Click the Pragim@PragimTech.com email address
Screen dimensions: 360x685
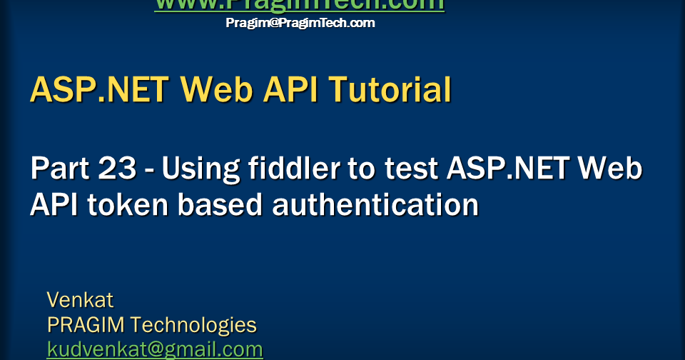click(x=300, y=23)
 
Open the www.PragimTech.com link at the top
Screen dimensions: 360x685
click(x=300, y=4)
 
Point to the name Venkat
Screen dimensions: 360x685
click(x=80, y=299)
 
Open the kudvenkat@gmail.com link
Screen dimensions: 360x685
click(x=155, y=350)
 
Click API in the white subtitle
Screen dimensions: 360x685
click(x=54, y=205)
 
